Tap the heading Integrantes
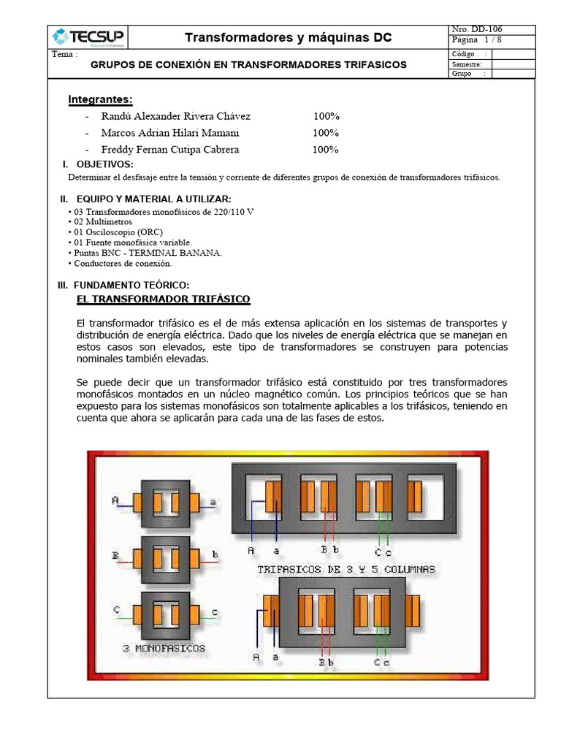[x=100, y=99]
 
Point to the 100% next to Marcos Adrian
[x=326, y=133]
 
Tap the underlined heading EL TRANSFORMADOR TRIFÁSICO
[x=164, y=299]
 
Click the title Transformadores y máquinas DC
[x=288, y=37]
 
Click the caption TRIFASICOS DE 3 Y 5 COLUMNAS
[x=346, y=569]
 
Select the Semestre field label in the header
[x=467, y=64]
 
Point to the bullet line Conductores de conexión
[x=121, y=263]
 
